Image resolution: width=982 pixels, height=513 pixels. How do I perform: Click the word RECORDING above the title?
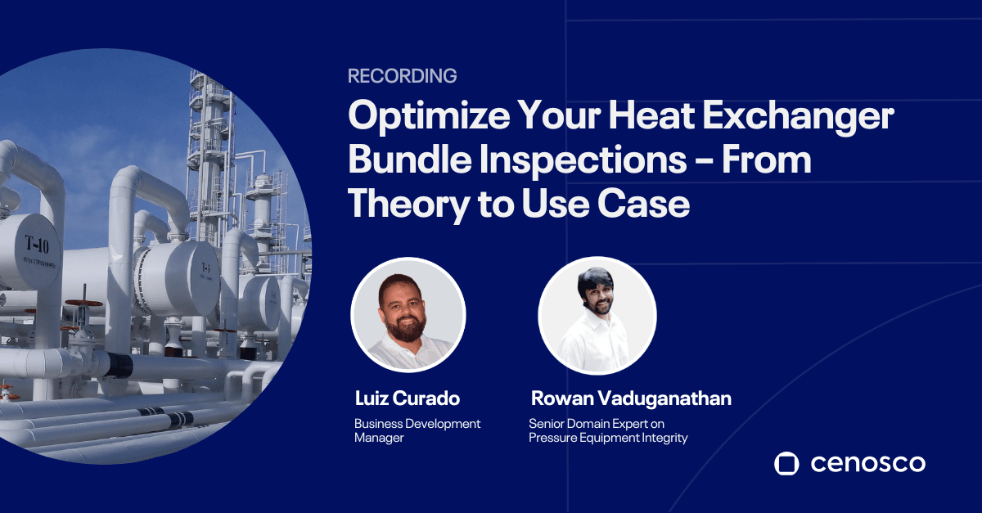(x=402, y=76)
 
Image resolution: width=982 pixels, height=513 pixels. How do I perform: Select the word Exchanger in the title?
(x=799, y=115)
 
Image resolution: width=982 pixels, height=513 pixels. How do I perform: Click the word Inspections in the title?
(x=583, y=160)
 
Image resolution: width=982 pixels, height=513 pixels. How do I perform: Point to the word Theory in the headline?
(x=408, y=205)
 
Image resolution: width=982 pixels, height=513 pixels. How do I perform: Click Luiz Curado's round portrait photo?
(x=408, y=315)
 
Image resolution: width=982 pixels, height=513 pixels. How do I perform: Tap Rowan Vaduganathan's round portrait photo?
(x=597, y=315)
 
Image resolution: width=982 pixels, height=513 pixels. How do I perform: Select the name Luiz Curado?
(x=408, y=398)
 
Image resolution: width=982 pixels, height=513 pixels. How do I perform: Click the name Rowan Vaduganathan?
(x=631, y=398)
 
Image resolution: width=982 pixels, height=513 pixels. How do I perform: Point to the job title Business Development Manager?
(x=417, y=430)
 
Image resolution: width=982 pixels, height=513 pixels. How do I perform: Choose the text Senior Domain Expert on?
(x=597, y=424)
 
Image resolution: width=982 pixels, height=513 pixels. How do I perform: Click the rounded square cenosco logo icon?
(x=786, y=463)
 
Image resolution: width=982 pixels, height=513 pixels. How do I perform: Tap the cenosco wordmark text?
(x=867, y=464)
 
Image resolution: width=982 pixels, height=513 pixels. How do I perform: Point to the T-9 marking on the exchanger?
(x=205, y=267)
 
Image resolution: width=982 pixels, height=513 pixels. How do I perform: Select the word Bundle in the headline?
(x=409, y=160)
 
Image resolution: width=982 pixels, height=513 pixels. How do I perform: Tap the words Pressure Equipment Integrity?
(x=608, y=438)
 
